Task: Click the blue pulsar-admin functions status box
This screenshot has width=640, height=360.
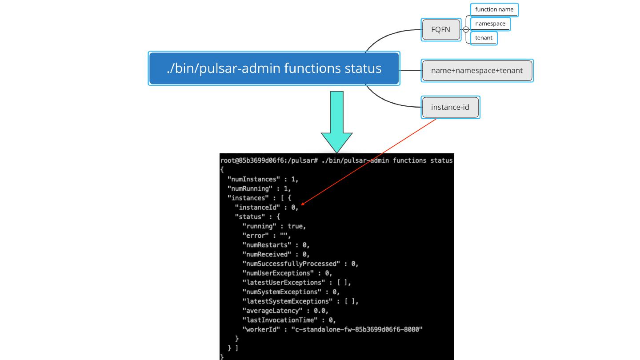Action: (274, 68)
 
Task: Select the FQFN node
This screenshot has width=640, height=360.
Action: (440, 30)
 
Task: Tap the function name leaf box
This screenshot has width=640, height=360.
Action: (494, 9)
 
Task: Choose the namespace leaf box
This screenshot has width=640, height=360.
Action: (490, 24)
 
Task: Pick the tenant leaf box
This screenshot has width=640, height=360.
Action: (484, 38)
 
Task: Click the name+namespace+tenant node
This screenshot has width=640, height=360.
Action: (476, 71)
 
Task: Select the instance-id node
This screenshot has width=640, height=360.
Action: (450, 107)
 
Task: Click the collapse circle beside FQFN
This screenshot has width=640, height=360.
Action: (466, 30)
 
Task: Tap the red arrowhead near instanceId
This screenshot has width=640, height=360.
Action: (303, 204)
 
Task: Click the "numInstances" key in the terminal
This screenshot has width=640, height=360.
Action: (252, 179)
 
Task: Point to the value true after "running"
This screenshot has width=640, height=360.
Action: (296, 226)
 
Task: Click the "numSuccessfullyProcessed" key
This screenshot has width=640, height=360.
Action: (291, 264)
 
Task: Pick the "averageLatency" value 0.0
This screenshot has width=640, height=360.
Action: (320, 311)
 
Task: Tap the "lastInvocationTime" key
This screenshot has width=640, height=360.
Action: (280, 320)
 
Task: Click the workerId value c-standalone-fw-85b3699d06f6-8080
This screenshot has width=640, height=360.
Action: (356, 329)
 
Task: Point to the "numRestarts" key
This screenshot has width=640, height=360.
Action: (267, 245)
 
